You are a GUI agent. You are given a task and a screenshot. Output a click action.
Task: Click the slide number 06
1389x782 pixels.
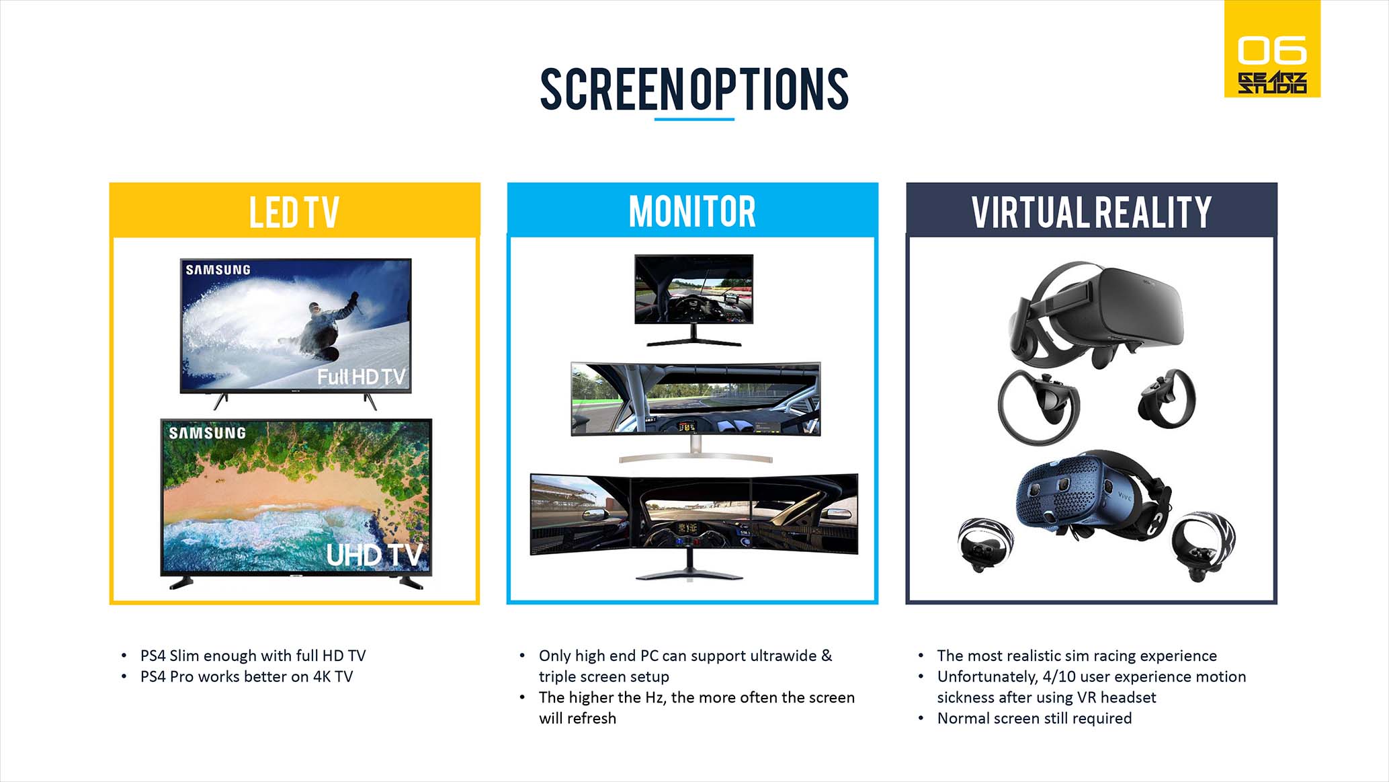point(1272,50)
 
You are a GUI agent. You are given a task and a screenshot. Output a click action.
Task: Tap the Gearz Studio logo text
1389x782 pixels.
point(1272,83)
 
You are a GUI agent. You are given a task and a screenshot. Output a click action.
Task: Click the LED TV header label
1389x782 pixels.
point(294,212)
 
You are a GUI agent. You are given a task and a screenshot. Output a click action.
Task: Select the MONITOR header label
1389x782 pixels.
point(692,212)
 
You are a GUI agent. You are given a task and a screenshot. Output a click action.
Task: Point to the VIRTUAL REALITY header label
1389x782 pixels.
point(1091,212)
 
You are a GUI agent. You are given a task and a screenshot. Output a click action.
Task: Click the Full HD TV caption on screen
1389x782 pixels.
point(362,377)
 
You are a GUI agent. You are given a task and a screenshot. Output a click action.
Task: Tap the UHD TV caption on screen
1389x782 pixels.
point(374,555)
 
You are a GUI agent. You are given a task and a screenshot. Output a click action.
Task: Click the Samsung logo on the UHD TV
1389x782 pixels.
point(207,433)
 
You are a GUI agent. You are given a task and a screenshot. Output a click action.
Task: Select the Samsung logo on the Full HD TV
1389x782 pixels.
point(218,270)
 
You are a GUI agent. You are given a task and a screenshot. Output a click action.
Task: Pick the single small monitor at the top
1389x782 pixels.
point(694,300)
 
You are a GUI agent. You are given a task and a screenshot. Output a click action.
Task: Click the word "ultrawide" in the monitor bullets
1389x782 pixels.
point(783,656)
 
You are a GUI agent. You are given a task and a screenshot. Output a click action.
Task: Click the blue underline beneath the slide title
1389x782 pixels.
point(694,119)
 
